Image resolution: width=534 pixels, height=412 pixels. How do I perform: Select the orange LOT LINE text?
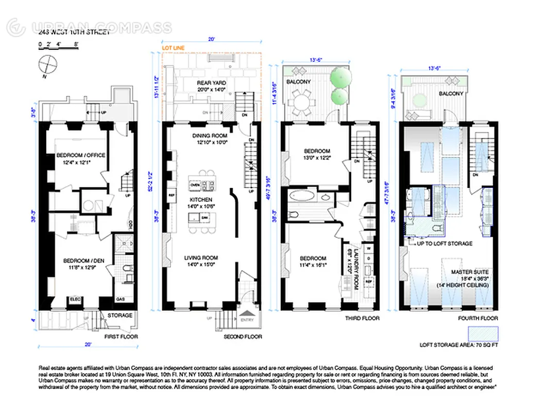(173, 48)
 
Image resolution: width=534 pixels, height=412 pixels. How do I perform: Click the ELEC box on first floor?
(76, 299)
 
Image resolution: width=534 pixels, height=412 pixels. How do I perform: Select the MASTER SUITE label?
(470, 272)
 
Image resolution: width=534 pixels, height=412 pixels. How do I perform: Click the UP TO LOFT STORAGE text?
(444, 244)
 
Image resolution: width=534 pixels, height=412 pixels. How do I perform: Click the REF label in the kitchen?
(172, 196)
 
